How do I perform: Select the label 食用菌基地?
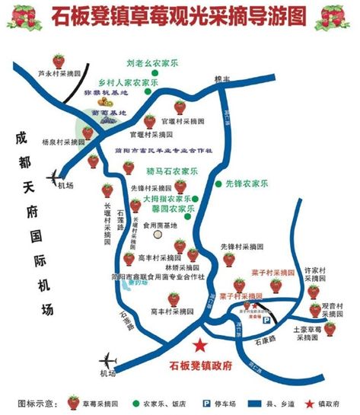pyautogui.click(x=160, y=225)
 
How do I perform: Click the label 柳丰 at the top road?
pyautogui.click(x=222, y=79)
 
